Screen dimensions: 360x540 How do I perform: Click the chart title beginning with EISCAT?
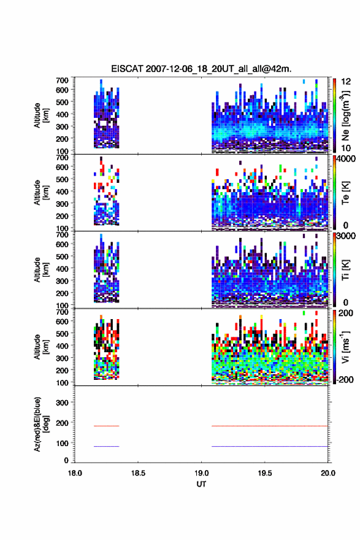201,69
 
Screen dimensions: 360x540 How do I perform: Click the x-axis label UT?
201,484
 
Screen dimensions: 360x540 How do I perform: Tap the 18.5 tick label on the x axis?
138,473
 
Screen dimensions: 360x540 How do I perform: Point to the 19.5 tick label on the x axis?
265,473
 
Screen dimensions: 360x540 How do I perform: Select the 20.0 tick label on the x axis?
328,473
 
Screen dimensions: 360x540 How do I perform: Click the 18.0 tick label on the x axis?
75,473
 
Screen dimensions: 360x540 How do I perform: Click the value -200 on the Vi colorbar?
345,379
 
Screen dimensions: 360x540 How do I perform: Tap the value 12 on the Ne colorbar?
347,82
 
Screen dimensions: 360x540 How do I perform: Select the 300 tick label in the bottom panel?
62,403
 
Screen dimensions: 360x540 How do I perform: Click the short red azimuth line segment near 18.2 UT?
106,426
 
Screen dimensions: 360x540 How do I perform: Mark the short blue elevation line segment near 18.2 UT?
106,446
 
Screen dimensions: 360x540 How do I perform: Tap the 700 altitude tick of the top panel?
62,80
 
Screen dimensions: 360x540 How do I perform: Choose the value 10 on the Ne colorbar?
347,148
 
